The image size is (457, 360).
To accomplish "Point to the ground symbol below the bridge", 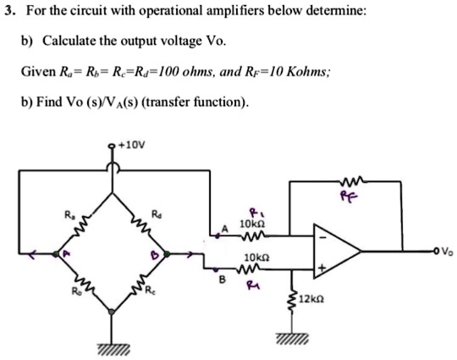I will click(112, 348).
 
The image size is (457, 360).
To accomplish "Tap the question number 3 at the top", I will click(8, 11).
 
